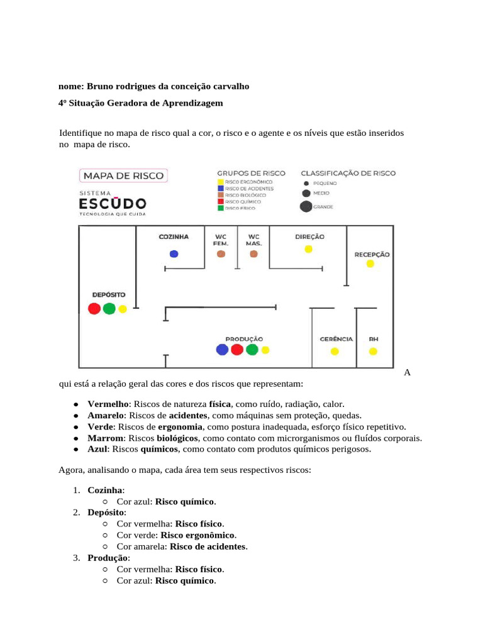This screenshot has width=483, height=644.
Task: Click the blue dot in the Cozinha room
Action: (174, 254)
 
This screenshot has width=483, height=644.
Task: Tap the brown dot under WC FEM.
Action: (221, 254)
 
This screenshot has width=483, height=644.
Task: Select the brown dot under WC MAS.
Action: (253, 254)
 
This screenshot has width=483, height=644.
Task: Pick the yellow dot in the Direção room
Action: (308, 249)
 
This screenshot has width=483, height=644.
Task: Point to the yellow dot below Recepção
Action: (370, 264)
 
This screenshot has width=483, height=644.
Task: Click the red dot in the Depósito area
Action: (94, 309)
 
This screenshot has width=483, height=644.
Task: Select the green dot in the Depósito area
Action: (109, 309)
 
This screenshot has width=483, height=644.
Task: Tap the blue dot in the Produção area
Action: (221, 350)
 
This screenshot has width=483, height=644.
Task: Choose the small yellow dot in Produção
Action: (265, 350)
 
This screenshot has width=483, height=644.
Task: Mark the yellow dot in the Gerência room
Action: (335, 351)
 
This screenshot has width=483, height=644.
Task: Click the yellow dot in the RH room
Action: (374, 351)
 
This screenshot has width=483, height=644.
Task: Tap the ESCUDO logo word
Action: (113, 203)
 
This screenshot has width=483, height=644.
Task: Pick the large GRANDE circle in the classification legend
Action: (306, 206)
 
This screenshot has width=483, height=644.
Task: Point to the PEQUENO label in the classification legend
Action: (326, 182)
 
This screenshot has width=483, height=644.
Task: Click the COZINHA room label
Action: (174, 237)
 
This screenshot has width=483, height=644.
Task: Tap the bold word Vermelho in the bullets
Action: (108, 404)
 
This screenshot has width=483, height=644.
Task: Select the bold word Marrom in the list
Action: (105, 438)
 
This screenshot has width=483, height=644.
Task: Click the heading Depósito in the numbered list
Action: (106, 513)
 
